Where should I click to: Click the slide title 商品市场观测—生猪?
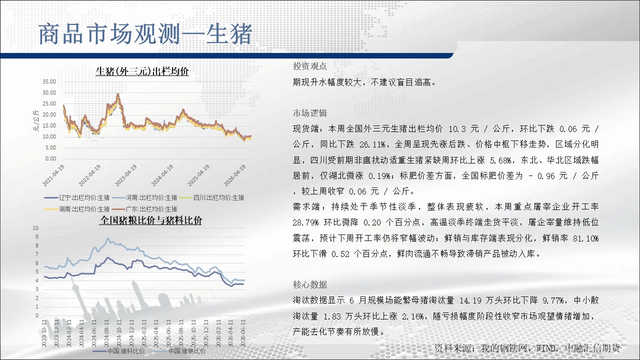pos(145,34)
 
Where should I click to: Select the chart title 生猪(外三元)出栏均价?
pos(142,71)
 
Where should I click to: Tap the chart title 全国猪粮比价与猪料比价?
pos(151,220)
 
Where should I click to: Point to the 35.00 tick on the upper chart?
pos(49,81)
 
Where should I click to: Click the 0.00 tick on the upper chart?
pos(50,159)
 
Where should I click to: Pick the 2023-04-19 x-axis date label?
pos(125,175)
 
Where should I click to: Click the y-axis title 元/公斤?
pos(36,120)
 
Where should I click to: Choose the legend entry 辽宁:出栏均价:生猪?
pos(77,197)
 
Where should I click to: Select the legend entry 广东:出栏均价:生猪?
pos(144,209)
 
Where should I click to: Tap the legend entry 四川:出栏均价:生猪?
pos(211,197)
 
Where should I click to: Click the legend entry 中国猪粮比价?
pos(179,351)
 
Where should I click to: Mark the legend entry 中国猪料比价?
pos(118,351)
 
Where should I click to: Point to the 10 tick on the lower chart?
pos(35,228)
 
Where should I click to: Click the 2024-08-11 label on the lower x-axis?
pos(106,333)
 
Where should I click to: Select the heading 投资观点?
pos(309,66)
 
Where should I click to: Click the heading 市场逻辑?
pos(309,113)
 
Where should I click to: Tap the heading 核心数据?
pos(309,284)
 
